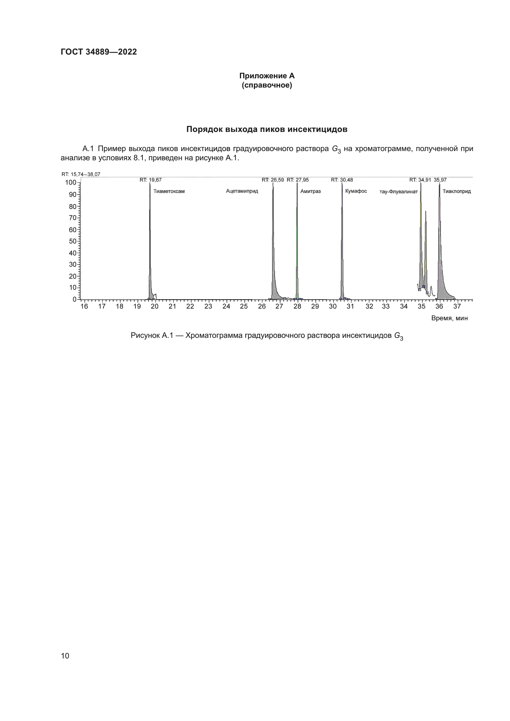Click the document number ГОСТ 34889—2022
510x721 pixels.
(99, 52)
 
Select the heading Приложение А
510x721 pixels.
(267, 76)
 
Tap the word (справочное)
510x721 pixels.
(267, 85)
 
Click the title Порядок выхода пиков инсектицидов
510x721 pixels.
(267, 129)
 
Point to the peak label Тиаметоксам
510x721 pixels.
(169, 191)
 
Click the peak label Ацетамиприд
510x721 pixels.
(242, 191)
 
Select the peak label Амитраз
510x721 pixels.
(310, 191)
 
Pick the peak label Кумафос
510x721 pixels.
(356, 191)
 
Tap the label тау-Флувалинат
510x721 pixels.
(398, 191)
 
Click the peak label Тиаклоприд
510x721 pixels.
(456, 191)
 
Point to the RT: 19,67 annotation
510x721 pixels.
(150, 180)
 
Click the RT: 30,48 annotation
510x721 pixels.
(342, 180)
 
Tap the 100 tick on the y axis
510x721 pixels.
(71, 182)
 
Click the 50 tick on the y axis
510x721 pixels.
(72, 241)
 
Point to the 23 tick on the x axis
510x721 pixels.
(208, 306)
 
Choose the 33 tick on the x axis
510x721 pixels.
(386, 306)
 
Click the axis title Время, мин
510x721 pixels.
(449, 318)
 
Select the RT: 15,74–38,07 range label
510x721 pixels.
(81, 174)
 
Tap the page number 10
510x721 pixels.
(65, 656)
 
